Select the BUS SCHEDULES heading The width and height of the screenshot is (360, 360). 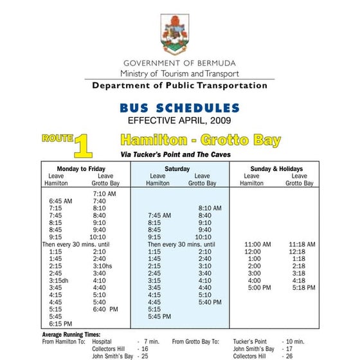click(179, 108)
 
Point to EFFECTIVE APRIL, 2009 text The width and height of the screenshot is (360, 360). click(179, 120)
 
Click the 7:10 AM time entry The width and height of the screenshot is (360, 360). click(104, 194)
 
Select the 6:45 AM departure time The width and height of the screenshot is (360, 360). click(60, 201)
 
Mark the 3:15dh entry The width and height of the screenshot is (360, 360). click(60, 281)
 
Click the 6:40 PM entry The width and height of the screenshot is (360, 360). click(105, 310)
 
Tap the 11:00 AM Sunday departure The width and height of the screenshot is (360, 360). click(258, 245)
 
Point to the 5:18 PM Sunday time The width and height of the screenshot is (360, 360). click(302, 288)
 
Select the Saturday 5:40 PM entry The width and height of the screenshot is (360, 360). click(210, 302)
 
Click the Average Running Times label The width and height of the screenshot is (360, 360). click(71, 335)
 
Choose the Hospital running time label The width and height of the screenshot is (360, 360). click(102, 342)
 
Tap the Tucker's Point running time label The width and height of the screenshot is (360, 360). click(250, 342)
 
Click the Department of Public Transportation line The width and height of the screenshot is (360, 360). click(179, 85)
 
